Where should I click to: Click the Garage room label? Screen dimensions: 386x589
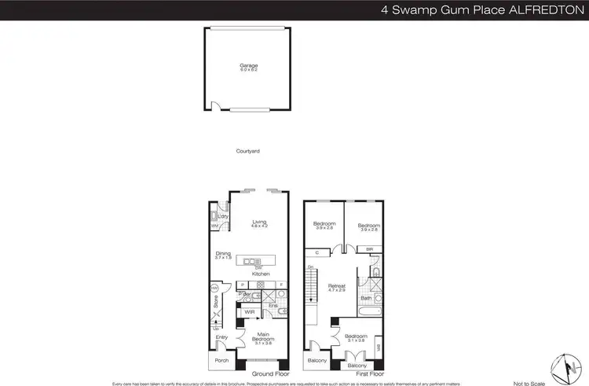[248, 65]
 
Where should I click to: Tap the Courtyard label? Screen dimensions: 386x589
[247, 150]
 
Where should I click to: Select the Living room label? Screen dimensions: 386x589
[259, 223]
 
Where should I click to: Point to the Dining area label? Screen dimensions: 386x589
[223, 254]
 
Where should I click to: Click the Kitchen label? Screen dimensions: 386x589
[261, 274]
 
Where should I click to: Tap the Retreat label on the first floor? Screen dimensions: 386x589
[338, 286]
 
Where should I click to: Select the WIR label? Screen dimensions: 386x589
[250, 312]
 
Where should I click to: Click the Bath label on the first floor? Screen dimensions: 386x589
[366, 299]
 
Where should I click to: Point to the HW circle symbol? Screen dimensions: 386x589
[213, 289]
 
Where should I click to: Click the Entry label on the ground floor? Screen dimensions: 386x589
[222, 337]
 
